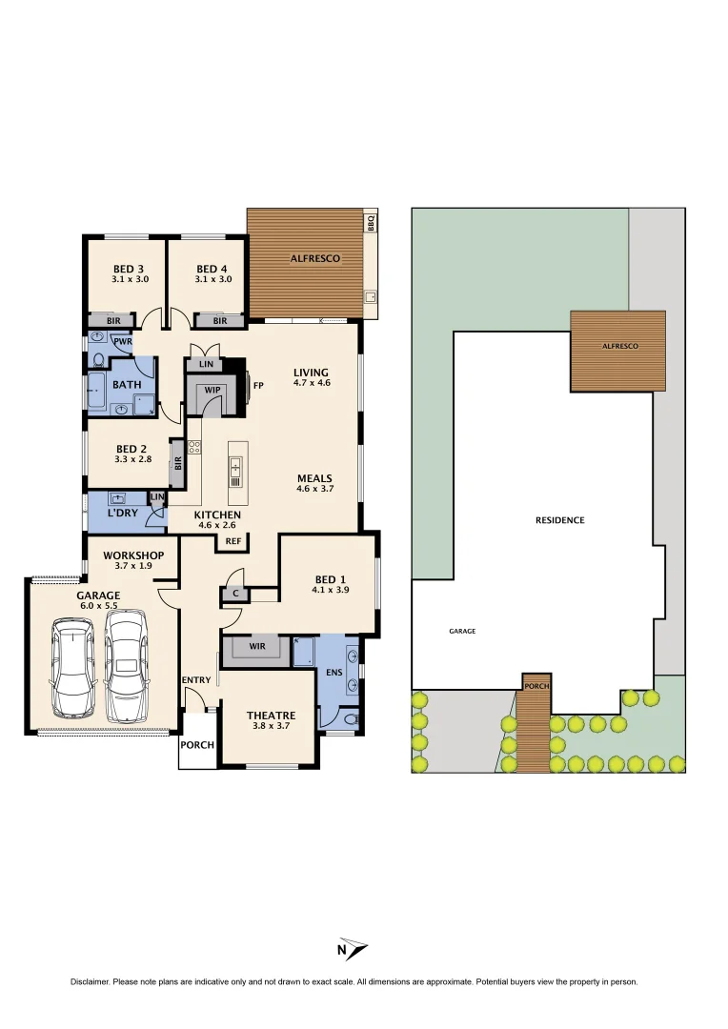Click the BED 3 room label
(x=128, y=269)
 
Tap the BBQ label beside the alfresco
(x=371, y=224)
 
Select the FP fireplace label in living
(x=257, y=386)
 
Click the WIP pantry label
(x=212, y=390)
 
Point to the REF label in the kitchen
(x=233, y=541)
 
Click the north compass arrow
(x=353, y=949)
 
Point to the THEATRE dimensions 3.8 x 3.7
(x=271, y=726)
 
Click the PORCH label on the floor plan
(x=197, y=745)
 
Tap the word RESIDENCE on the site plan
(x=559, y=520)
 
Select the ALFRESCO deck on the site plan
(x=618, y=350)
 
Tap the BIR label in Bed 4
(x=220, y=321)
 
